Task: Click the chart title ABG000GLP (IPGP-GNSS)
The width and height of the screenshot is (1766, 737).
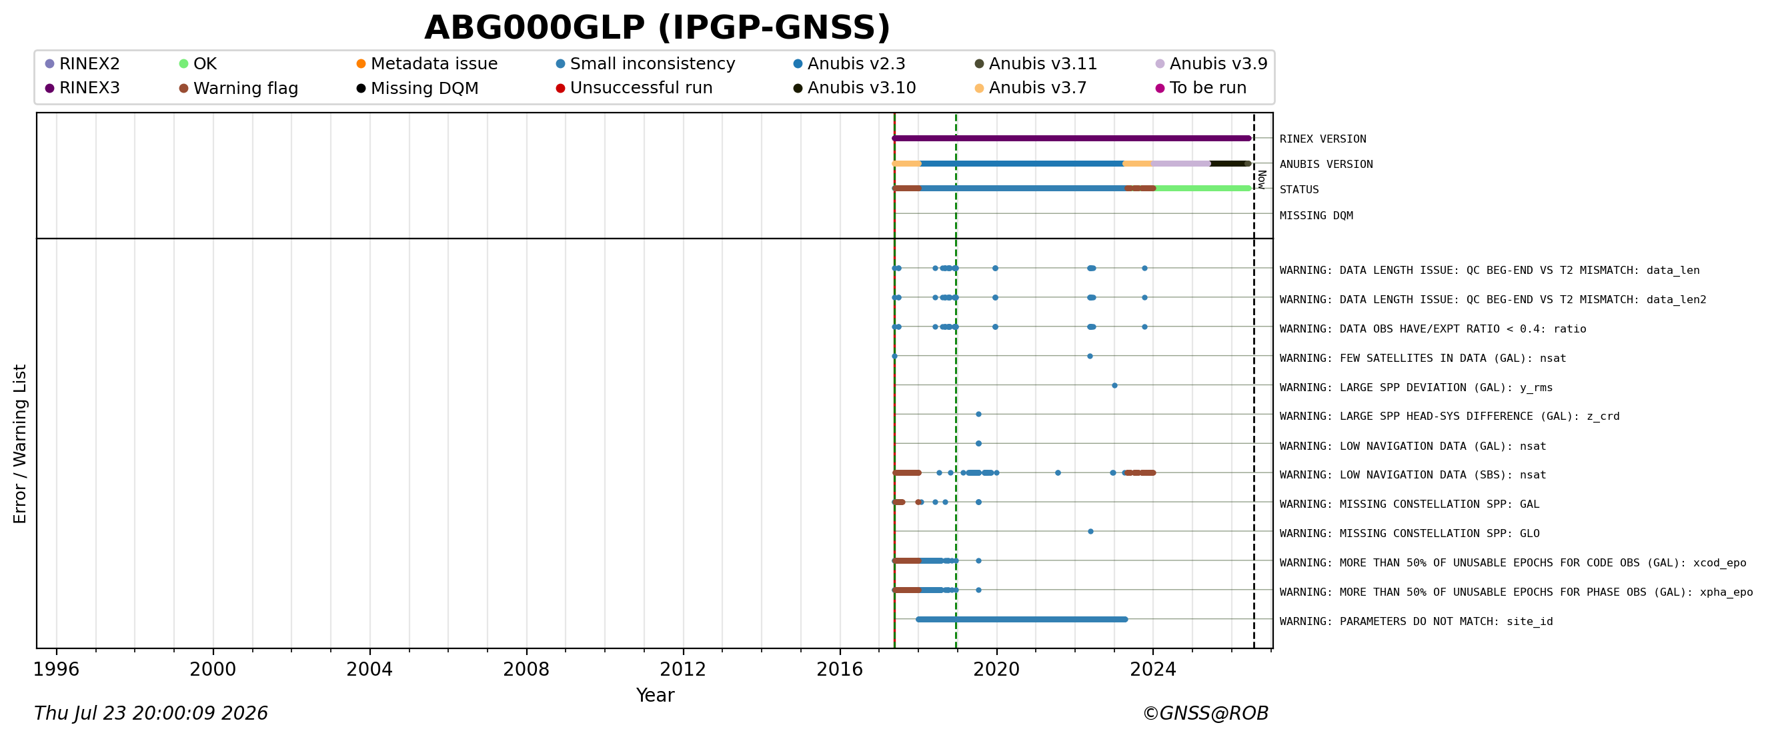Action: (x=657, y=28)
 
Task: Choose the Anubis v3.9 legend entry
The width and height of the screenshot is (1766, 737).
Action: (x=1211, y=64)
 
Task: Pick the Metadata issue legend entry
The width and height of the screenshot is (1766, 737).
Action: (x=427, y=64)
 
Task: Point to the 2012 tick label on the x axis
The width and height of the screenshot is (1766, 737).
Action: (x=683, y=669)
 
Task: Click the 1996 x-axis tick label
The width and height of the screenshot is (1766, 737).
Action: (x=56, y=669)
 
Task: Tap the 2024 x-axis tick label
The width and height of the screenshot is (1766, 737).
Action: (x=1153, y=669)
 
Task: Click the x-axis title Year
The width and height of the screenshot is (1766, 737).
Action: (x=655, y=695)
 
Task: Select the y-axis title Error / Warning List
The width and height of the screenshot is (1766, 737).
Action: (x=19, y=444)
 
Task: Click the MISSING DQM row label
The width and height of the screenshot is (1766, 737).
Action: (x=1316, y=216)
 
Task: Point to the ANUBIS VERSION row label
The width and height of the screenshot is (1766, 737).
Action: (x=1326, y=165)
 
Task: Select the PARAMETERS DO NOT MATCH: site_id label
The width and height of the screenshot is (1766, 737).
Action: (x=1416, y=622)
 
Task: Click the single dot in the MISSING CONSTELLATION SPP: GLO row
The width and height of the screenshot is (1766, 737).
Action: (x=1090, y=532)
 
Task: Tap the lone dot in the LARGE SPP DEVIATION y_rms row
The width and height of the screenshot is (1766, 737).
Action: (x=1114, y=386)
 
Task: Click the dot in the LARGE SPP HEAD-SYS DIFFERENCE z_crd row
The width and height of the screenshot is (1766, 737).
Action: (x=978, y=414)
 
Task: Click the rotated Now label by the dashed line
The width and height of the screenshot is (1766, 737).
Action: (x=1261, y=179)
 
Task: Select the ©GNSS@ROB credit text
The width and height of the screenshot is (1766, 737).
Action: (x=1205, y=714)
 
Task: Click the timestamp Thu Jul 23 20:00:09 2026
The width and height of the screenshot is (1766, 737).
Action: (x=151, y=714)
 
